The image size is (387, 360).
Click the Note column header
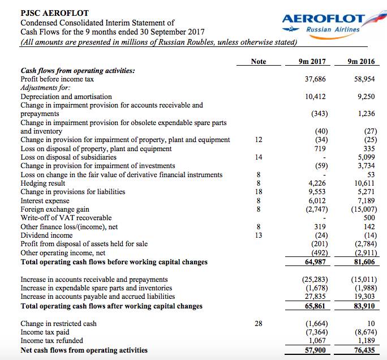point(258,61)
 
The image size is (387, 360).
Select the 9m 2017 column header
point(315,61)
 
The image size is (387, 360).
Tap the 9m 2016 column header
point(362,61)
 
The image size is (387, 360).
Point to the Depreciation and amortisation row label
point(66,97)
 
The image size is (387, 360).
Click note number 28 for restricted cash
point(258,324)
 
